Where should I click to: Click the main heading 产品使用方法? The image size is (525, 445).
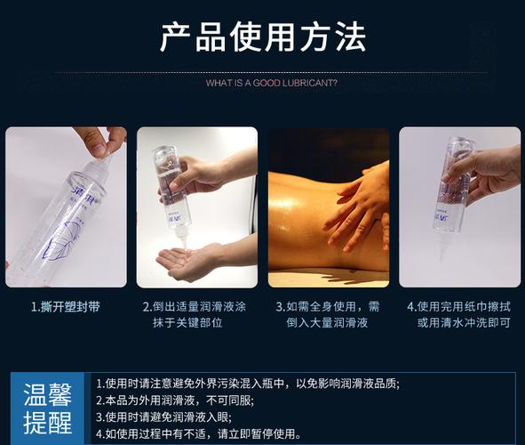(x=262, y=38)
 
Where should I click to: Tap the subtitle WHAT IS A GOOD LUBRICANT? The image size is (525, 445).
(x=271, y=84)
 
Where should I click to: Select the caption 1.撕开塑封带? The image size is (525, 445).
(x=66, y=306)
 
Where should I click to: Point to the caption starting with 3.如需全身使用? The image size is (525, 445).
(x=328, y=314)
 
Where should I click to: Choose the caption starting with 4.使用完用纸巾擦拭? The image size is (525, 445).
(x=460, y=314)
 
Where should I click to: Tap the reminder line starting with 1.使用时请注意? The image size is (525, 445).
(x=248, y=383)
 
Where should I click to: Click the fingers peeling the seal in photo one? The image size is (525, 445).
(x=98, y=140)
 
